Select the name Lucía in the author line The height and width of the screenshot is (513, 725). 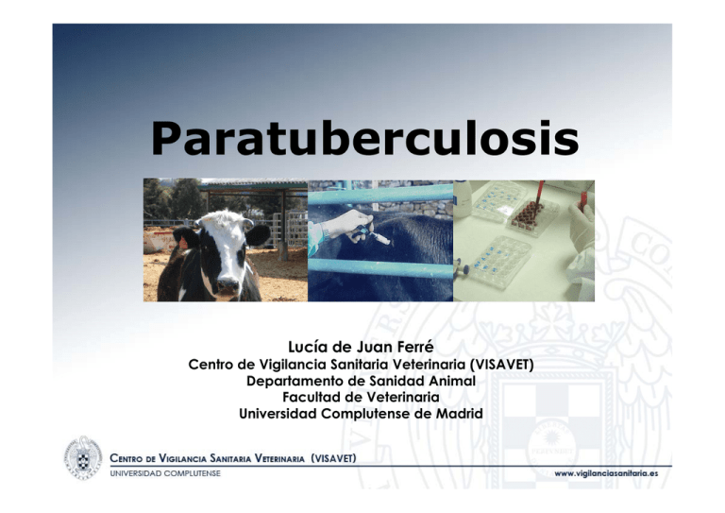[309, 348]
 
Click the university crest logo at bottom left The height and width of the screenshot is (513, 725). [82, 459]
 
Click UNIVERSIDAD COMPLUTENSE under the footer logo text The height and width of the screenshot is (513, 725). [166, 472]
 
